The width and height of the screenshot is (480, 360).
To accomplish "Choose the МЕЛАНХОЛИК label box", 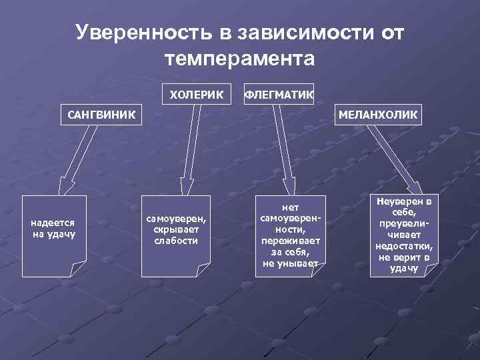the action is (378, 115).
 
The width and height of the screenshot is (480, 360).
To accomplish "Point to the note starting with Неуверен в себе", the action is (405, 235).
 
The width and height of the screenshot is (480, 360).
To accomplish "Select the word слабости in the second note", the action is (176, 240).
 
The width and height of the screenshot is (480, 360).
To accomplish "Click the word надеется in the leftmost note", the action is (54, 223).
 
